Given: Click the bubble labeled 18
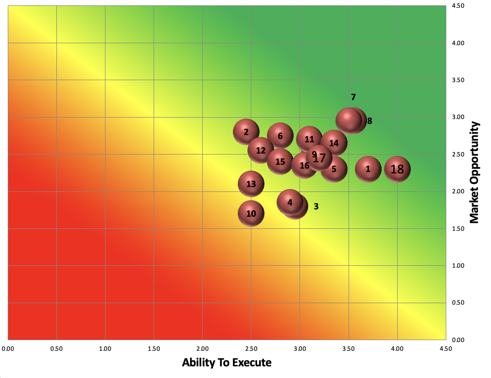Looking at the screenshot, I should tap(397, 169).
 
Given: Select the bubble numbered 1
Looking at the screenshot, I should tap(368, 169).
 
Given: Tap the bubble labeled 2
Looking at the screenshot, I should tap(246, 132).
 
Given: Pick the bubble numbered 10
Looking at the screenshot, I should tap(251, 213).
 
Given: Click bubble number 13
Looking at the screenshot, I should tap(251, 184).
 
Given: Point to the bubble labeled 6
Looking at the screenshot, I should tap(281, 136).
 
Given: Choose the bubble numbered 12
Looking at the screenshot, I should tap(261, 150).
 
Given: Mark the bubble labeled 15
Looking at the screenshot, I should tap(281, 161).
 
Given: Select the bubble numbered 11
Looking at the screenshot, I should tap(310, 139).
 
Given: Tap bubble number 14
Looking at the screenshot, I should tap(334, 143).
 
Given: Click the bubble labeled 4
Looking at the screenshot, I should tap(290, 202).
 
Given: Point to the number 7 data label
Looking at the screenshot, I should tap(353, 97).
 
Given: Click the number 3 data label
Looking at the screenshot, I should tap(316, 206).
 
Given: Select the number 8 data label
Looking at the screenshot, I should tap(369, 121).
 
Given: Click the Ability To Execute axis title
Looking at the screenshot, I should tap(227, 362).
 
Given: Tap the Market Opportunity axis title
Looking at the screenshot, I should tap(474, 172).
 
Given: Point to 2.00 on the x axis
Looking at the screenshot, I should tap(203, 348).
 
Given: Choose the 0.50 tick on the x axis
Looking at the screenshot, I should tap(56, 348).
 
